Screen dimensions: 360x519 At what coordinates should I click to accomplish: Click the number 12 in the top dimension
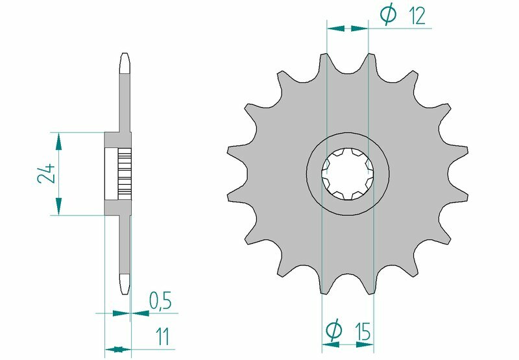pyautogui.click(x=418, y=16)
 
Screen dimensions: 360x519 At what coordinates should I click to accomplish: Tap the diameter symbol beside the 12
pyautogui.click(x=388, y=15)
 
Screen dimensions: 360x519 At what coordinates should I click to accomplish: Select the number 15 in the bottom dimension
pyautogui.click(x=363, y=332)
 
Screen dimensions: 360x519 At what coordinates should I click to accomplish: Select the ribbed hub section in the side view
pyautogui.click(x=125, y=174)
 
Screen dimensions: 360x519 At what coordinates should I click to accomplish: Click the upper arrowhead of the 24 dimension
pyautogui.click(x=59, y=139)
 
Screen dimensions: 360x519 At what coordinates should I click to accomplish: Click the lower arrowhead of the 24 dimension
pyautogui.click(x=59, y=208)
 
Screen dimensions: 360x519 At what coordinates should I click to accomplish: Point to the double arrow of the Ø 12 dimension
pyautogui.click(x=347, y=29)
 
